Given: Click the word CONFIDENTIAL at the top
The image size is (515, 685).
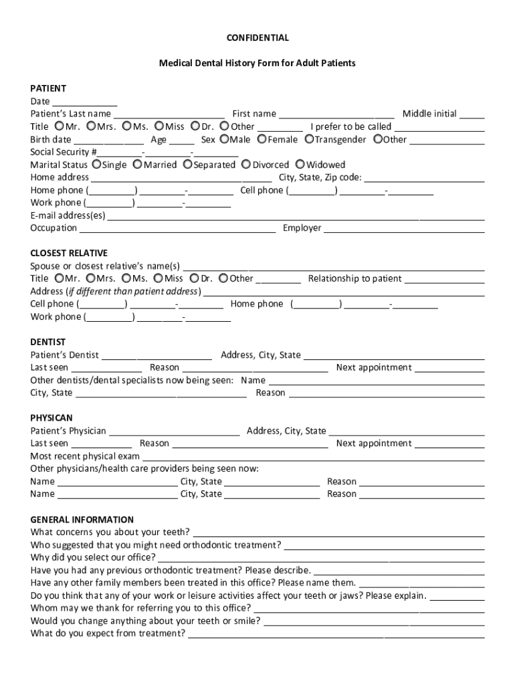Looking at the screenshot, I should (x=257, y=38).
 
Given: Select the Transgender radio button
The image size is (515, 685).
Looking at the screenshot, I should (x=310, y=139).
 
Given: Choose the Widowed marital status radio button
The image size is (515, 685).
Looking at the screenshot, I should (x=301, y=165).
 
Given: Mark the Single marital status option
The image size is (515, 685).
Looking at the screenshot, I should (x=97, y=165).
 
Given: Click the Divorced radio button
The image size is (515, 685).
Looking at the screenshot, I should (x=246, y=165).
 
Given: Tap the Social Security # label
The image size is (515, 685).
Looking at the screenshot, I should (x=64, y=152).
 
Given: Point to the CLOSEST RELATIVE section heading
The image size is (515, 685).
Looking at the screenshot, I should (x=69, y=253).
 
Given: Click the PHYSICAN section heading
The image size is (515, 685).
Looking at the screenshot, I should (x=51, y=418).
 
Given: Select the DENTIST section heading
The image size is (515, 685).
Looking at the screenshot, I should (x=48, y=342).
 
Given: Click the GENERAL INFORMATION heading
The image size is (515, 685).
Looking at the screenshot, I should (x=82, y=520).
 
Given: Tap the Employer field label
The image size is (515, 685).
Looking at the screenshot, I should (x=302, y=228).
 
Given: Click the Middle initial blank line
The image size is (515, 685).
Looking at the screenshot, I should (x=472, y=114).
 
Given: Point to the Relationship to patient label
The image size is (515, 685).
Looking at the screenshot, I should (x=354, y=278).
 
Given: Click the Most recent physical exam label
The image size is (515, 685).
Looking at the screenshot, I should (x=85, y=456).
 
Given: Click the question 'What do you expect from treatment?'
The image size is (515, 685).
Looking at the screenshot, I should (x=108, y=634).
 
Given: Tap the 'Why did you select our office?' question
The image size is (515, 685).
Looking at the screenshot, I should (x=93, y=558).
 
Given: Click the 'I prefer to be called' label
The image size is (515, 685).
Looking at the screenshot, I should (x=350, y=126).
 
